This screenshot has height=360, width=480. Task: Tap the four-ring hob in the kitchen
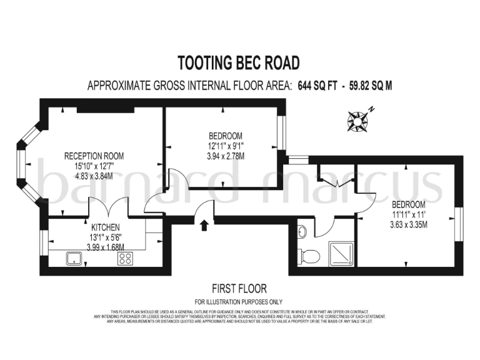pos(125,259)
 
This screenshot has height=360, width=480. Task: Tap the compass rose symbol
pos(359,120)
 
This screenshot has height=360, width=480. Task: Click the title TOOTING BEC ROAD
pos(239,63)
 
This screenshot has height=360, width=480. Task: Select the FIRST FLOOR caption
pos(239,289)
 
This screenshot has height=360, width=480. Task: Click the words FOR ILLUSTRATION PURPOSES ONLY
pos(239,301)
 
